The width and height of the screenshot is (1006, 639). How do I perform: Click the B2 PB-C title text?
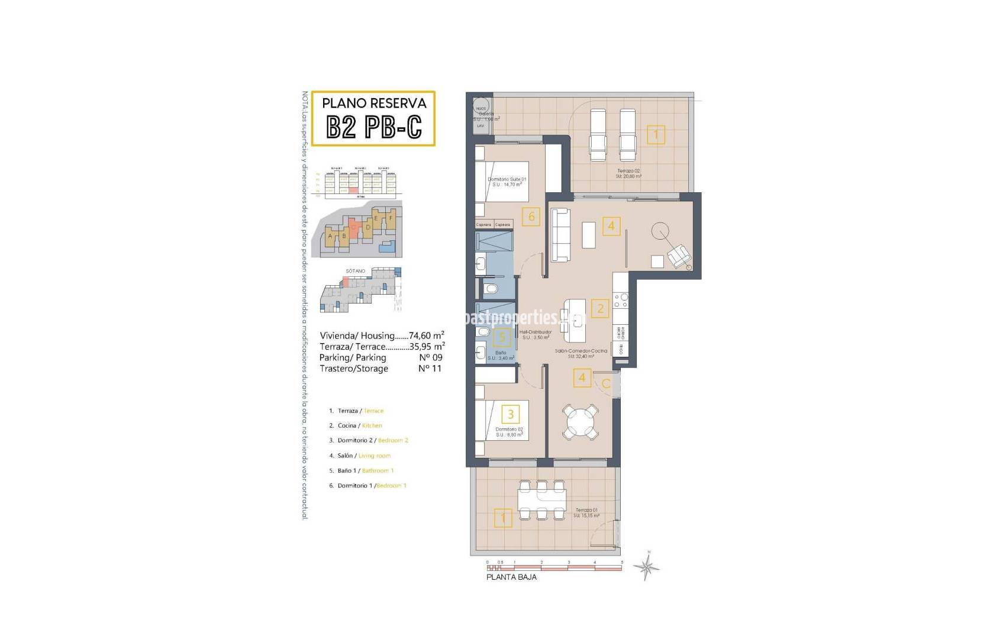click(x=373, y=126)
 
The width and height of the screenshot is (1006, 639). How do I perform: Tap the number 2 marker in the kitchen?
click(x=600, y=308)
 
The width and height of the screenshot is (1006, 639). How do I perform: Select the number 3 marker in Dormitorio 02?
click(x=510, y=413)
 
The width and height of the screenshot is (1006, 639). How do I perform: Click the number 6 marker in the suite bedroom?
click(x=531, y=217)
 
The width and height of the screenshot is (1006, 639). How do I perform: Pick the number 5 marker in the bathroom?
click(x=502, y=337)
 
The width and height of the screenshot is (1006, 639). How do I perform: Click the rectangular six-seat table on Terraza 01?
click(x=541, y=500)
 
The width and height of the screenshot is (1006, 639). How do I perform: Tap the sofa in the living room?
click(x=560, y=235)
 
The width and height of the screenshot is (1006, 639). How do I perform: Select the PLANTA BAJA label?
click(x=511, y=577)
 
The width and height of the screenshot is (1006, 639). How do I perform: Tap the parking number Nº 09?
click(x=430, y=357)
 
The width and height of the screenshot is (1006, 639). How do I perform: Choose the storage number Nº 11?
click(x=430, y=369)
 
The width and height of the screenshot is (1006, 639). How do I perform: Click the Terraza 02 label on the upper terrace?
click(x=628, y=171)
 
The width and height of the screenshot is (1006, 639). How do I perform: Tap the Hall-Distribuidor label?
click(x=536, y=332)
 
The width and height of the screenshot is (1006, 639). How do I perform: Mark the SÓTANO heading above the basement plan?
click(x=355, y=271)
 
